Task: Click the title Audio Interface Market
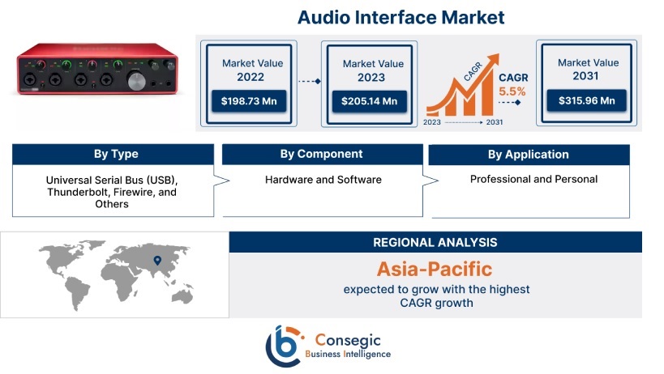click(x=401, y=17)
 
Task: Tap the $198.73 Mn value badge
click(x=249, y=101)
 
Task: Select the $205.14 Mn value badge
click(x=369, y=101)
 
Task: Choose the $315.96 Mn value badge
click(x=586, y=100)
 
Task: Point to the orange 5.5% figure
click(x=512, y=91)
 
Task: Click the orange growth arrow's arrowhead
click(x=492, y=61)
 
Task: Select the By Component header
click(x=322, y=154)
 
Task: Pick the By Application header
click(x=529, y=155)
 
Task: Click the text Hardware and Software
click(x=323, y=180)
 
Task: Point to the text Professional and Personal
click(x=533, y=179)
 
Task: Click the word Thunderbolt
click(x=72, y=193)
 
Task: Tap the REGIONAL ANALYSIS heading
click(x=435, y=242)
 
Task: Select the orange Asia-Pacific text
click(x=435, y=270)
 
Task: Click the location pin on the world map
click(x=157, y=261)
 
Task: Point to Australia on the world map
click(x=182, y=295)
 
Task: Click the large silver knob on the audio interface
click(x=136, y=82)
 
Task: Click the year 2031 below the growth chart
click(x=495, y=122)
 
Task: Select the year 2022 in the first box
click(x=251, y=77)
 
